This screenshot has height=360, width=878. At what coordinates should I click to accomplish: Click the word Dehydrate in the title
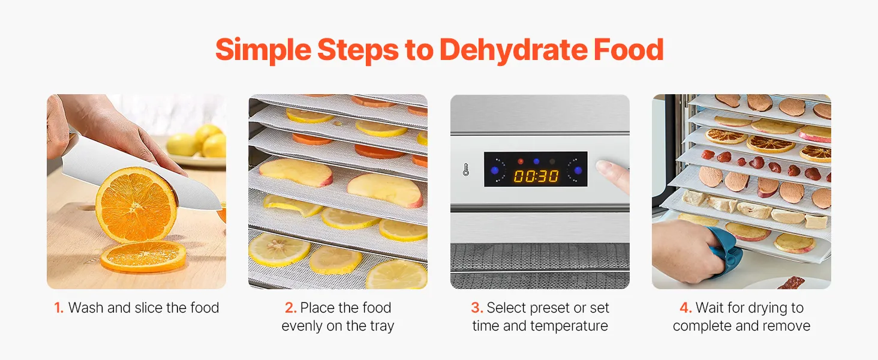pyautogui.click(x=513, y=50)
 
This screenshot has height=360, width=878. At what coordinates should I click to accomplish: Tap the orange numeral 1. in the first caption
pyautogui.click(x=59, y=308)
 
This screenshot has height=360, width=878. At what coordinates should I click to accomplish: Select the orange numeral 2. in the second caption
pyautogui.click(x=290, y=308)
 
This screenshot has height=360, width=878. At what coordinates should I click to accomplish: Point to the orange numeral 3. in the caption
pyautogui.click(x=477, y=308)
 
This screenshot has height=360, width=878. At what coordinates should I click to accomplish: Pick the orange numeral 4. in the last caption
pyautogui.click(x=686, y=308)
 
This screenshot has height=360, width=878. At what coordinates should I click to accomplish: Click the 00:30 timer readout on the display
pyautogui.click(x=536, y=176)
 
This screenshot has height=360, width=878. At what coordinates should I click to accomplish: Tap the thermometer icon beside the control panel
pyautogui.click(x=465, y=169)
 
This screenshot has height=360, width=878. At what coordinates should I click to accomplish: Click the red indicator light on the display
pyautogui.click(x=521, y=161)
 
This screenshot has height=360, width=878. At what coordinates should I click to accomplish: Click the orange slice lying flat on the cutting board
pyautogui.click(x=143, y=256)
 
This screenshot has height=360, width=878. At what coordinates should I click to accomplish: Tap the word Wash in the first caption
pyautogui.click(x=86, y=308)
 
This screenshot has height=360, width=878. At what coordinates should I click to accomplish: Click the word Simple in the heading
pyautogui.click(x=263, y=50)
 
